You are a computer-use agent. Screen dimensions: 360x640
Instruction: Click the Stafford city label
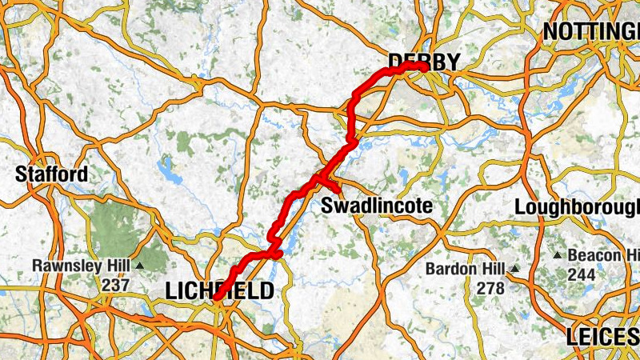52,174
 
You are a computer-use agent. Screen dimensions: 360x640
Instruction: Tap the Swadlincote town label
376,206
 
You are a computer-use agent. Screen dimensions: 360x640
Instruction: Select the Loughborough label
576,206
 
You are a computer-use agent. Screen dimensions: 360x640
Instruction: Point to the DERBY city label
424,62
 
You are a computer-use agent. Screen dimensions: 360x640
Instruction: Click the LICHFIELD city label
219,290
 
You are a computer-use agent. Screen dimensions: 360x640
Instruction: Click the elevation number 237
114,284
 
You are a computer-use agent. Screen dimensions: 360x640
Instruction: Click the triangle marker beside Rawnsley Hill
140,266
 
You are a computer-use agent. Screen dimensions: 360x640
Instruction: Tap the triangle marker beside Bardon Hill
515,268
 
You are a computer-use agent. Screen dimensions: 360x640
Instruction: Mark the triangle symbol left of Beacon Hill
558,255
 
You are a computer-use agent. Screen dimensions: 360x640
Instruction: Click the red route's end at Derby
422,67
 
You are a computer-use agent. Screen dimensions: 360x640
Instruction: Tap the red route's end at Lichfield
216,298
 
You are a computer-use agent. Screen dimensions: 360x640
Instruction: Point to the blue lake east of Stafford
167,170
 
